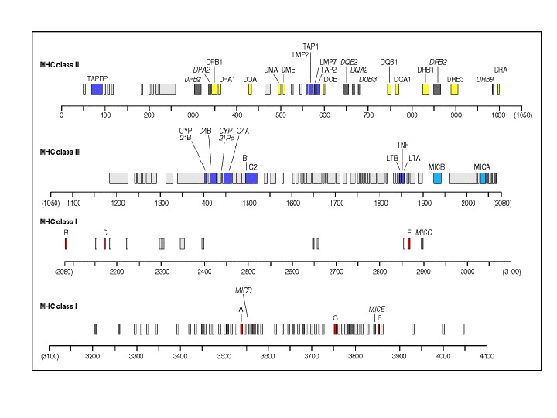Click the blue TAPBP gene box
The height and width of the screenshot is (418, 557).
(97, 90)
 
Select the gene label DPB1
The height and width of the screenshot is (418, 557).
(214, 62)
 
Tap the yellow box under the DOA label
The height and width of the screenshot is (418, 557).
(250, 90)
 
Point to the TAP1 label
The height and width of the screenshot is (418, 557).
(310, 46)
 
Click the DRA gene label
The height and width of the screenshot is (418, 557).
(501, 70)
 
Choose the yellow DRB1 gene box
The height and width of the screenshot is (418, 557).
(425, 90)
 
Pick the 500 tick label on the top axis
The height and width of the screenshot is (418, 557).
(281, 116)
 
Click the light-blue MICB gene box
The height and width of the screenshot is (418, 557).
(437, 178)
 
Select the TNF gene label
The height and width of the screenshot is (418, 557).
(402, 145)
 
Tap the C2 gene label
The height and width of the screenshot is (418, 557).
(252, 166)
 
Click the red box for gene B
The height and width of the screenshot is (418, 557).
(66, 244)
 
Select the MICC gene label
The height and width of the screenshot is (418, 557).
(424, 232)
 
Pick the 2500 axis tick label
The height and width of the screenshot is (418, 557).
(248, 272)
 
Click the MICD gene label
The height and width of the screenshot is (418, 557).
(244, 290)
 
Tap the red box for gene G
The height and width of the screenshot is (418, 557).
(335, 329)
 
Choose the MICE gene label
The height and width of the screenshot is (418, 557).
(377, 309)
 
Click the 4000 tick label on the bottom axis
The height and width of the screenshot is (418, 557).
(443, 356)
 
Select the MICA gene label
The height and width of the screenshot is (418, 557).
(482, 166)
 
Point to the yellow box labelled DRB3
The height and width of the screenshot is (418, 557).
(454, 90)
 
